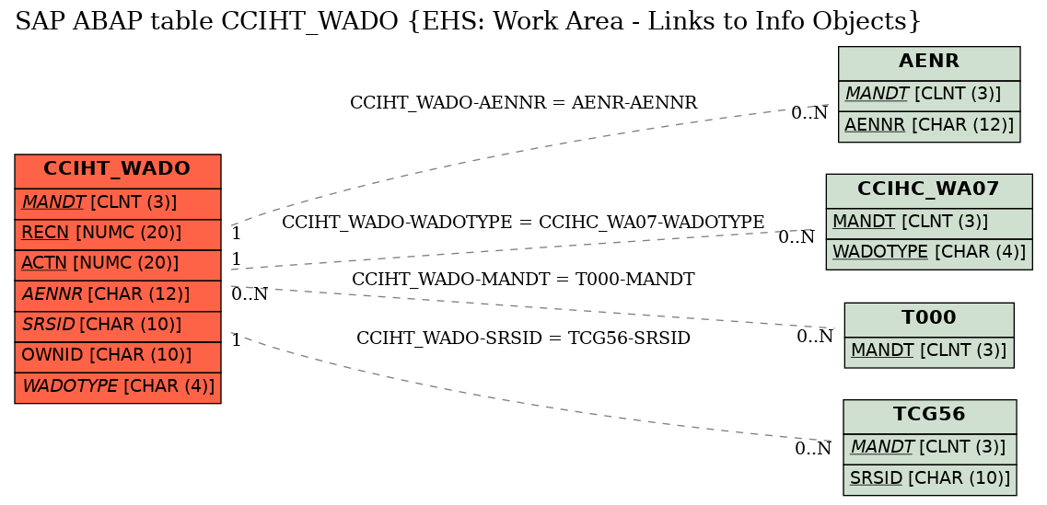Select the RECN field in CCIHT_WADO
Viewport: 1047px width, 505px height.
click(x=118, y=235)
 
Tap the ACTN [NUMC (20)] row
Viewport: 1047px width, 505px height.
click(x=118, y=265)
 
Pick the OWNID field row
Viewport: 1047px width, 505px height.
click(x=118, y=357)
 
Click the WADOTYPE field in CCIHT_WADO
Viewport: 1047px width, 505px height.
click(x=118, y=387)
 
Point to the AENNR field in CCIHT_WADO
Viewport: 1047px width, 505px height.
click(x=118, y=295)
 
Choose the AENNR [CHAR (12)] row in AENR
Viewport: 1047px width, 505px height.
click(x=929, y=126)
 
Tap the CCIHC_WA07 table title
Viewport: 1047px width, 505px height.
click(x=929, y=190)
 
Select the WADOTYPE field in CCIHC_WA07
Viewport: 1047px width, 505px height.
click(x=929, y=254)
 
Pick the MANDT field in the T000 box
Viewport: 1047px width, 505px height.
click(x=929, y=351)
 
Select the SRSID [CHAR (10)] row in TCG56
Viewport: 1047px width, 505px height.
click(x=929, y=479)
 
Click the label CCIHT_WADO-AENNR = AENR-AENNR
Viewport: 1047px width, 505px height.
click(x=523, y=103)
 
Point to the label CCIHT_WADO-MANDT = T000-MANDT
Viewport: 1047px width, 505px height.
click(x=523, y=280)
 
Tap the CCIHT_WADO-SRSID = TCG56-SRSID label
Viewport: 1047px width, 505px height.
click(x=523, y=339)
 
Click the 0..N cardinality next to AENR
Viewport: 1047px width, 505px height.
click(x=809, y=113)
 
